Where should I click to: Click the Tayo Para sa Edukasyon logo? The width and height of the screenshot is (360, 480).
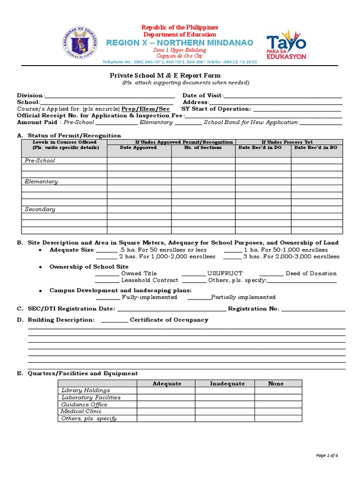point(286,46)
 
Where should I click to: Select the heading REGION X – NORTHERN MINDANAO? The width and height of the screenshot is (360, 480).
point(180,43)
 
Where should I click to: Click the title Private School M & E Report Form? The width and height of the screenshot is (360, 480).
point(165,75)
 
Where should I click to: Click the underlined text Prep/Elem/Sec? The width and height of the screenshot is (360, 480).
point(146,109)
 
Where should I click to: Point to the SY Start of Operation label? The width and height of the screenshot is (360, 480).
point(216,109)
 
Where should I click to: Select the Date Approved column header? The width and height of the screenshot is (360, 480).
point(138,148)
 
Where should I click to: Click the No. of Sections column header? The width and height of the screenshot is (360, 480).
point(203,148)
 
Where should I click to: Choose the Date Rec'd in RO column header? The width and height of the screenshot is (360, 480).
point(315,148)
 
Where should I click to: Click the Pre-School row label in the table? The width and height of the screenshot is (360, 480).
point(40,160)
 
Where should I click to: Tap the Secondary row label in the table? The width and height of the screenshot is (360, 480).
point(40,209)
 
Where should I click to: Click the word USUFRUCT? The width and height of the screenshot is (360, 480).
point(225,273)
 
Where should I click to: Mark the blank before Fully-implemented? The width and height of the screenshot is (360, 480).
point(108,297)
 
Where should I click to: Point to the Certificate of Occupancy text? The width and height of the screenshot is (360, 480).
point(169,320)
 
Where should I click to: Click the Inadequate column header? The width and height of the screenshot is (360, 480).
point(227,383)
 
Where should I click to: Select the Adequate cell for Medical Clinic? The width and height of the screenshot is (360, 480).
point(166,412)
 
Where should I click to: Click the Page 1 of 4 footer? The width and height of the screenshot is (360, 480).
point(327,455)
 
